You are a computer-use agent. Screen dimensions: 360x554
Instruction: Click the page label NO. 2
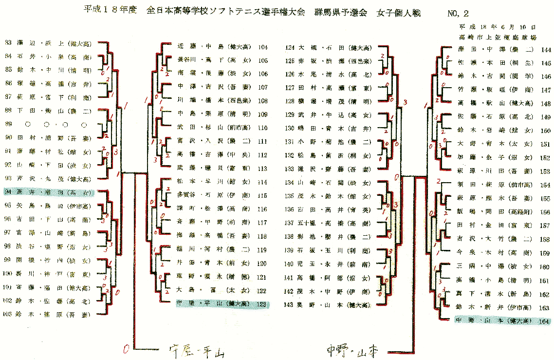[x=458, y=13]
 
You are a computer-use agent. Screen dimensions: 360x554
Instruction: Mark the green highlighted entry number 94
[x=49, y=192]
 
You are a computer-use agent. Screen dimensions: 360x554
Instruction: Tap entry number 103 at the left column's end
[x=49, y=315]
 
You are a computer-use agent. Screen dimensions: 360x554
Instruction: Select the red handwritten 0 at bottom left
[x=127, y=349]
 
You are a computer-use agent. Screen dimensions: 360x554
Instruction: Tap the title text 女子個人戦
[x=398, y=13]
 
